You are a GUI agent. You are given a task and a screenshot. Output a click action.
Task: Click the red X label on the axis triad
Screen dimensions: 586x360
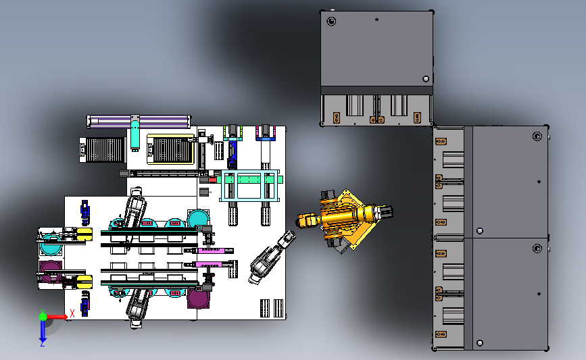coord(72,313)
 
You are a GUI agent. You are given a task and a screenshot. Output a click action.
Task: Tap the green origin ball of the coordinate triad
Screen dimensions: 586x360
coord(43,317)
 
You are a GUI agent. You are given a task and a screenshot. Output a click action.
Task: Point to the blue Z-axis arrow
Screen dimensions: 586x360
coord(43,331)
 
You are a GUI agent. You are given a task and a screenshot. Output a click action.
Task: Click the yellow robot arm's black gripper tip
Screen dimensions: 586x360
coord(386,212)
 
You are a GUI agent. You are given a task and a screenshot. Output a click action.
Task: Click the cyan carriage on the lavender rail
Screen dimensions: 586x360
coord(135,132)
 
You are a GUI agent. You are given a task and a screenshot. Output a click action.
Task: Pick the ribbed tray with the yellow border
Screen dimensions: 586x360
coord(171,149)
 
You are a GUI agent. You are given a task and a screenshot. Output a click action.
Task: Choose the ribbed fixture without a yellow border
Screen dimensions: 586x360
coord(102,150)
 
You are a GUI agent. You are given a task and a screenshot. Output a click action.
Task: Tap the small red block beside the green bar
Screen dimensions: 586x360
coord(212,180)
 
